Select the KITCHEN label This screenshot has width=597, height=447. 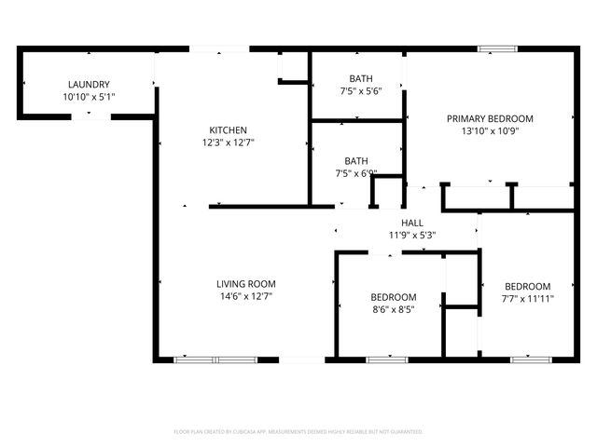pos(228,129)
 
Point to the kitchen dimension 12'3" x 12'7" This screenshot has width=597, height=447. pos(228,142)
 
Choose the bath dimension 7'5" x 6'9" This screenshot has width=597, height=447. pos(356,172)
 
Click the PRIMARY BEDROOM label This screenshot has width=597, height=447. pos(490,118)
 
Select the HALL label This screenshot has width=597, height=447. pos(412,223)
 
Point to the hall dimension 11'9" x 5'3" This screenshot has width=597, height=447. pos(412,235)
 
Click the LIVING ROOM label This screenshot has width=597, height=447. pos(245,284)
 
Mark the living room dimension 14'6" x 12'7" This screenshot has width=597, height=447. pos(245,296)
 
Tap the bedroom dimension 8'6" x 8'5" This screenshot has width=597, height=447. pos(393,309)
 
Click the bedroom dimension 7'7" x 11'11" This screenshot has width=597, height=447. pos(527,298)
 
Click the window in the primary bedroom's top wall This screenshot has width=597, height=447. pos(494,48)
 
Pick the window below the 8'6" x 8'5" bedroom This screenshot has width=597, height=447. pos(380,359)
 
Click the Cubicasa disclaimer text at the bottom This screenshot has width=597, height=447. pos(298,432)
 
